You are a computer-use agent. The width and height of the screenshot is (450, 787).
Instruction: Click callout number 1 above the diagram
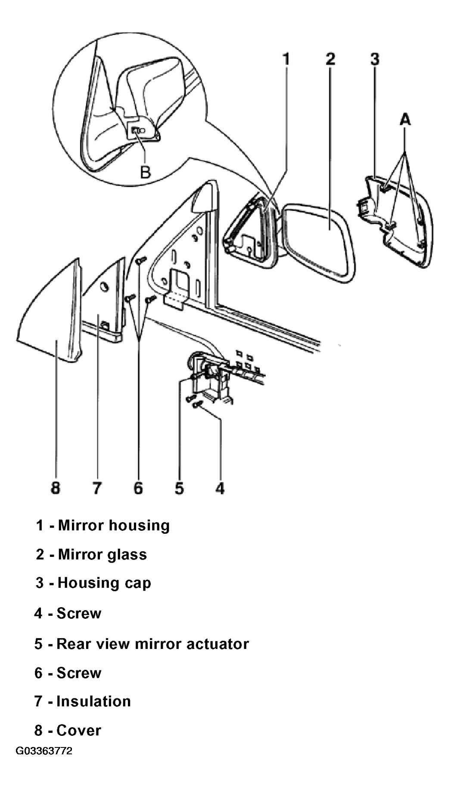[x=286, y=59]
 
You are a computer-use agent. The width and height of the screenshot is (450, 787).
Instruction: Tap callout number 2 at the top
[x=330, y=59]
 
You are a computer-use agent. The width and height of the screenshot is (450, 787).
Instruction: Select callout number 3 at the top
[x=375, y=59]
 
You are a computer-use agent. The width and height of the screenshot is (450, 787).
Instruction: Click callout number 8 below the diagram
[x=56, y=488]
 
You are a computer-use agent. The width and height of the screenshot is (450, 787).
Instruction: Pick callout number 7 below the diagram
[x=97, y=488]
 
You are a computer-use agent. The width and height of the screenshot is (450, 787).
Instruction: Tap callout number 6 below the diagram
[x=138, y=488]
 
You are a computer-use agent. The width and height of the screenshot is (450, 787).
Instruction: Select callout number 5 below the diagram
[x=179, y=488]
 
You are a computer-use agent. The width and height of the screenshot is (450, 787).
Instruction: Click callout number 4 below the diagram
[x=220, y=488]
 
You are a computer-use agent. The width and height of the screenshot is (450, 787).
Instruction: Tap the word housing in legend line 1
[x=142, y=526]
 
